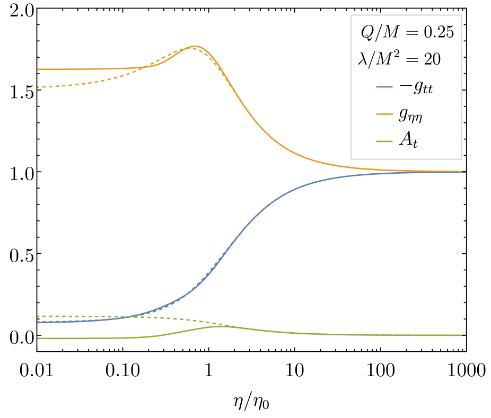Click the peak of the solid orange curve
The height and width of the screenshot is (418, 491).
pyautogui.click(x=195, y=47)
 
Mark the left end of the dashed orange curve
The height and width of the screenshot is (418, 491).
pyautogui.click(x=38, y=87)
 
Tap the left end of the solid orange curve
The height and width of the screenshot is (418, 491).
pyautogui.click(x=38, y=69)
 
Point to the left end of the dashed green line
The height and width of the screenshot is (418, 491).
pyautogui.click(x=38, y=316)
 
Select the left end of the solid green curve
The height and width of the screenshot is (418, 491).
pyautogui.click(x=38, y=339)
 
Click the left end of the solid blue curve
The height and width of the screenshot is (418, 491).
pyautogui.click(x=38, y=322)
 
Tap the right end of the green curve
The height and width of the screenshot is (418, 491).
pyautogui.click(x=465, y=335)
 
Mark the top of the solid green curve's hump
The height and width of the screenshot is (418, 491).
pyautogui.click(x=220, y=326)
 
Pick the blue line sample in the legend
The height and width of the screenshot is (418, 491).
pyautogui.click(x=384, y=87)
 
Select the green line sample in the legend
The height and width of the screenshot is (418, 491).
pyautogui.click(x=384, y=141)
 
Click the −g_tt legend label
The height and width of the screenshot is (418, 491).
pyautogui.click(x=416, y=87)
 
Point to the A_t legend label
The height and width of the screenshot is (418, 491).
pyautogui.click(x=408, y=141)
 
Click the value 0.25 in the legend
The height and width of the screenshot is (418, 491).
pyautogui.click(x=439, y=33)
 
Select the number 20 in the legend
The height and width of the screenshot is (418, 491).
pyautogui.click(x=432, y=59)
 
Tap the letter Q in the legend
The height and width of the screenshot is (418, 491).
pyautogui.click(x=367, y=33)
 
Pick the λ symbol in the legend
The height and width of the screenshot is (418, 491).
pyautogui.click(x=363, y=59)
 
